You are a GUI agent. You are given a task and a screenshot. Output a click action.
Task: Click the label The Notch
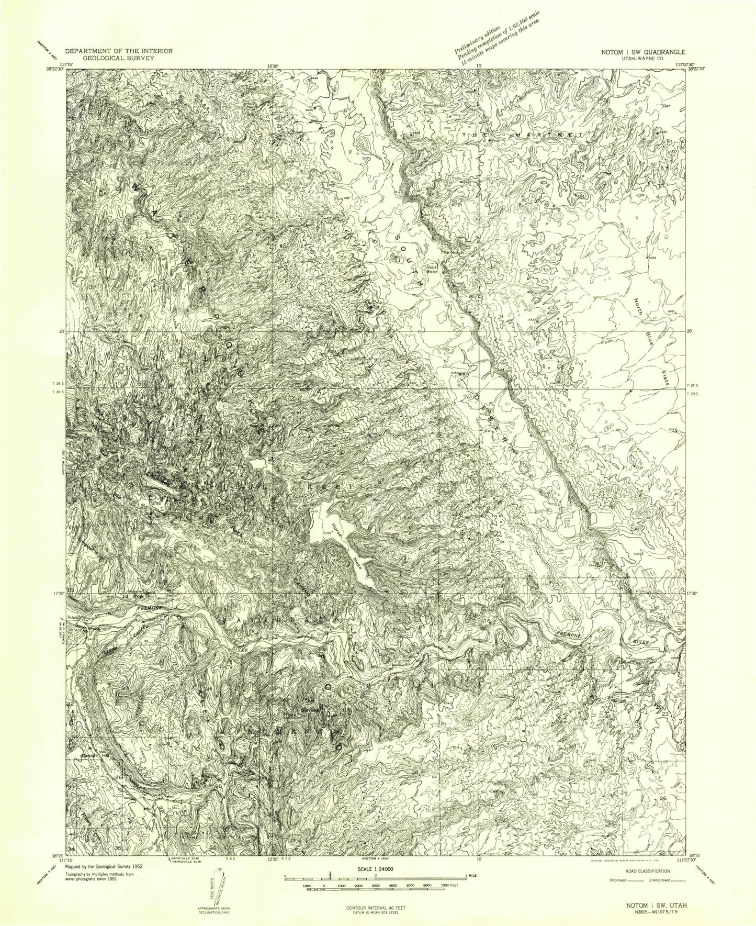(452, 253)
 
